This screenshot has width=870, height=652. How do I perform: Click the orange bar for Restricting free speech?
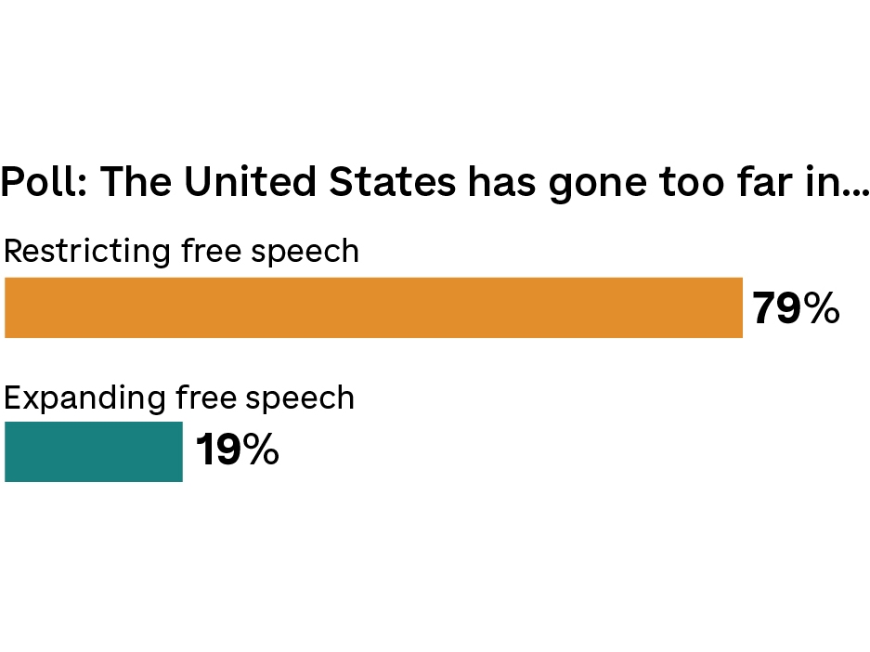point(373,307)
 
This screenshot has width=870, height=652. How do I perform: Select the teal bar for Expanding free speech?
point(94,451)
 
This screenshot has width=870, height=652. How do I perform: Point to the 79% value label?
point(795,309)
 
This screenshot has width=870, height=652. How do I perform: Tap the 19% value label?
point(237,450)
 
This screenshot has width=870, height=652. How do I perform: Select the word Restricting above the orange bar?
point(87,252)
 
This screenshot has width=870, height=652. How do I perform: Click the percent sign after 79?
point(822,309)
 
